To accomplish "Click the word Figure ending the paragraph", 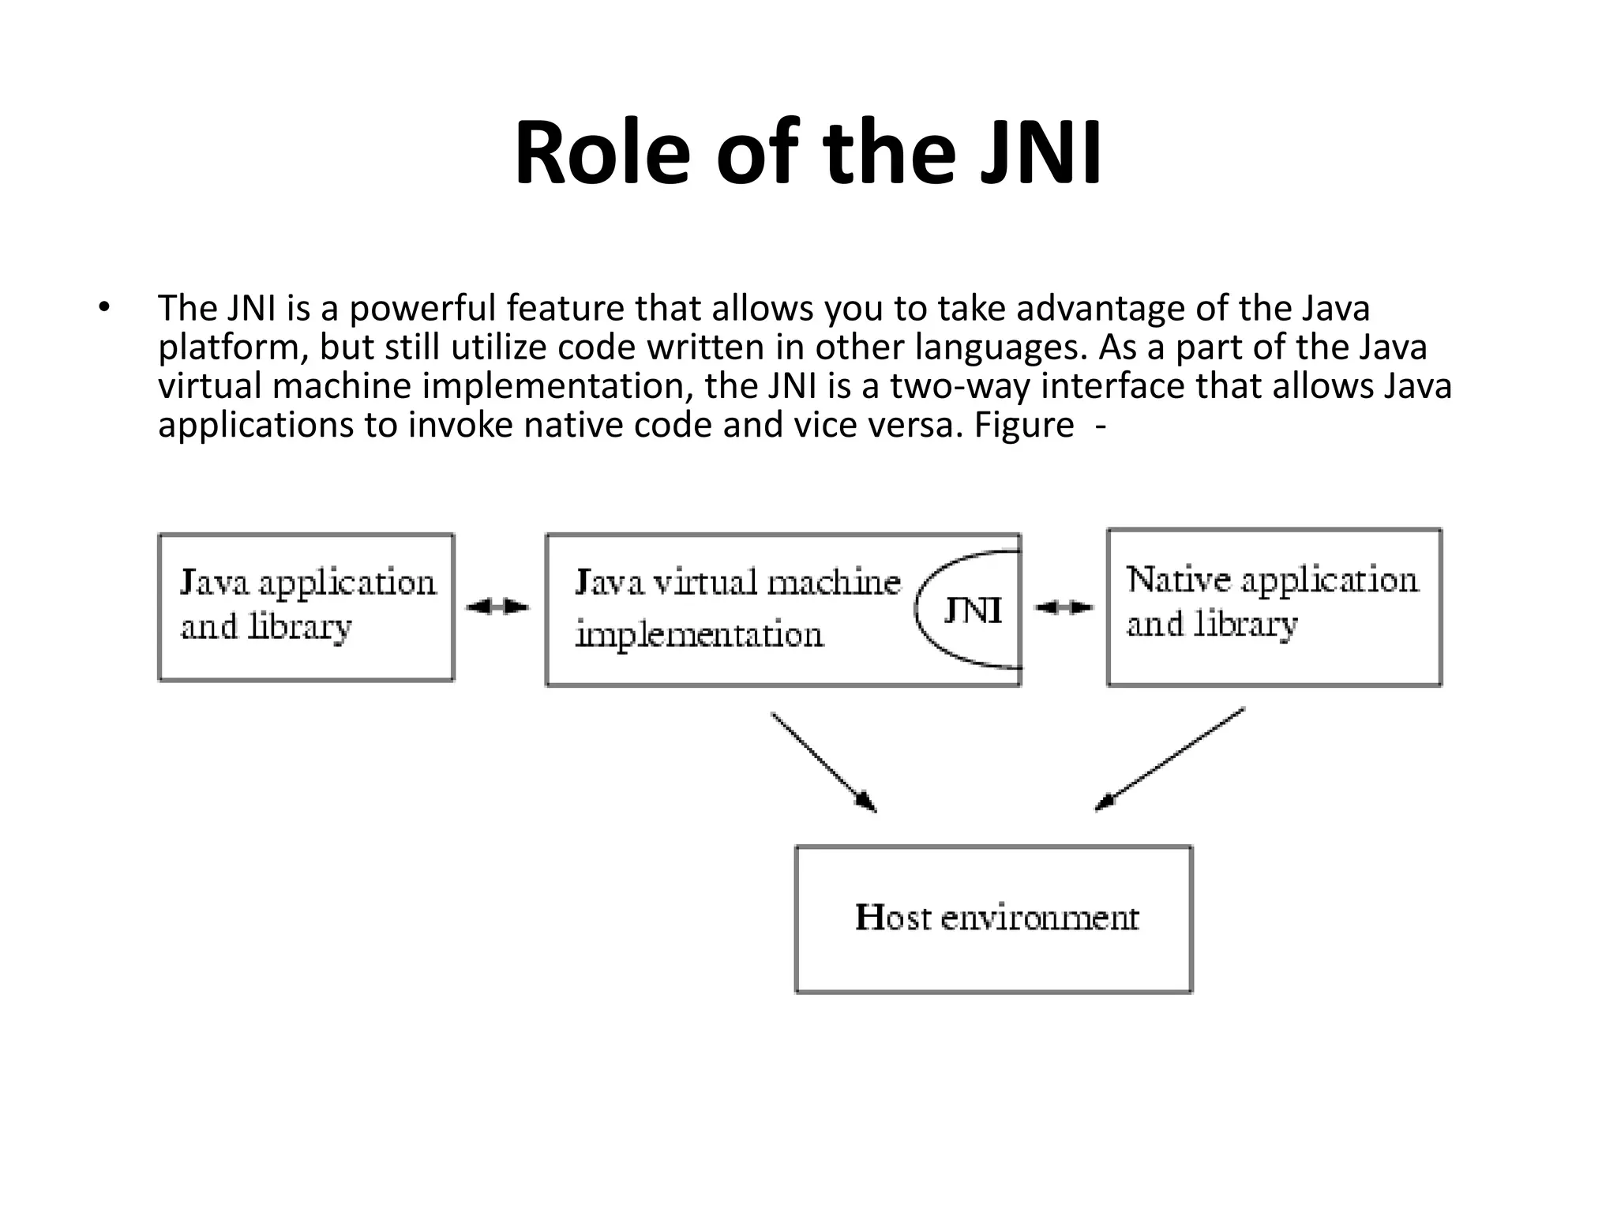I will pos(1023,425).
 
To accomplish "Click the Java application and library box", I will pos(306,606).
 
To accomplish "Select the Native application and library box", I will pos(1274,606).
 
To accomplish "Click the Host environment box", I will pos(993,918).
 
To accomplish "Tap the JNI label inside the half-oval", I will pos(973,610).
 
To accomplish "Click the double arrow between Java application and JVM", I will pos(497,606).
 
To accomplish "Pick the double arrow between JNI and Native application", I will pos(1064,606).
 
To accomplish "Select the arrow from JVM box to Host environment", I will pos(824,762).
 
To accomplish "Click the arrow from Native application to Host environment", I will pos(1169,760).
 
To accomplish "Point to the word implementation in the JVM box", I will pos(699,634).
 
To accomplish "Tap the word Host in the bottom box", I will pos(892,918).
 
